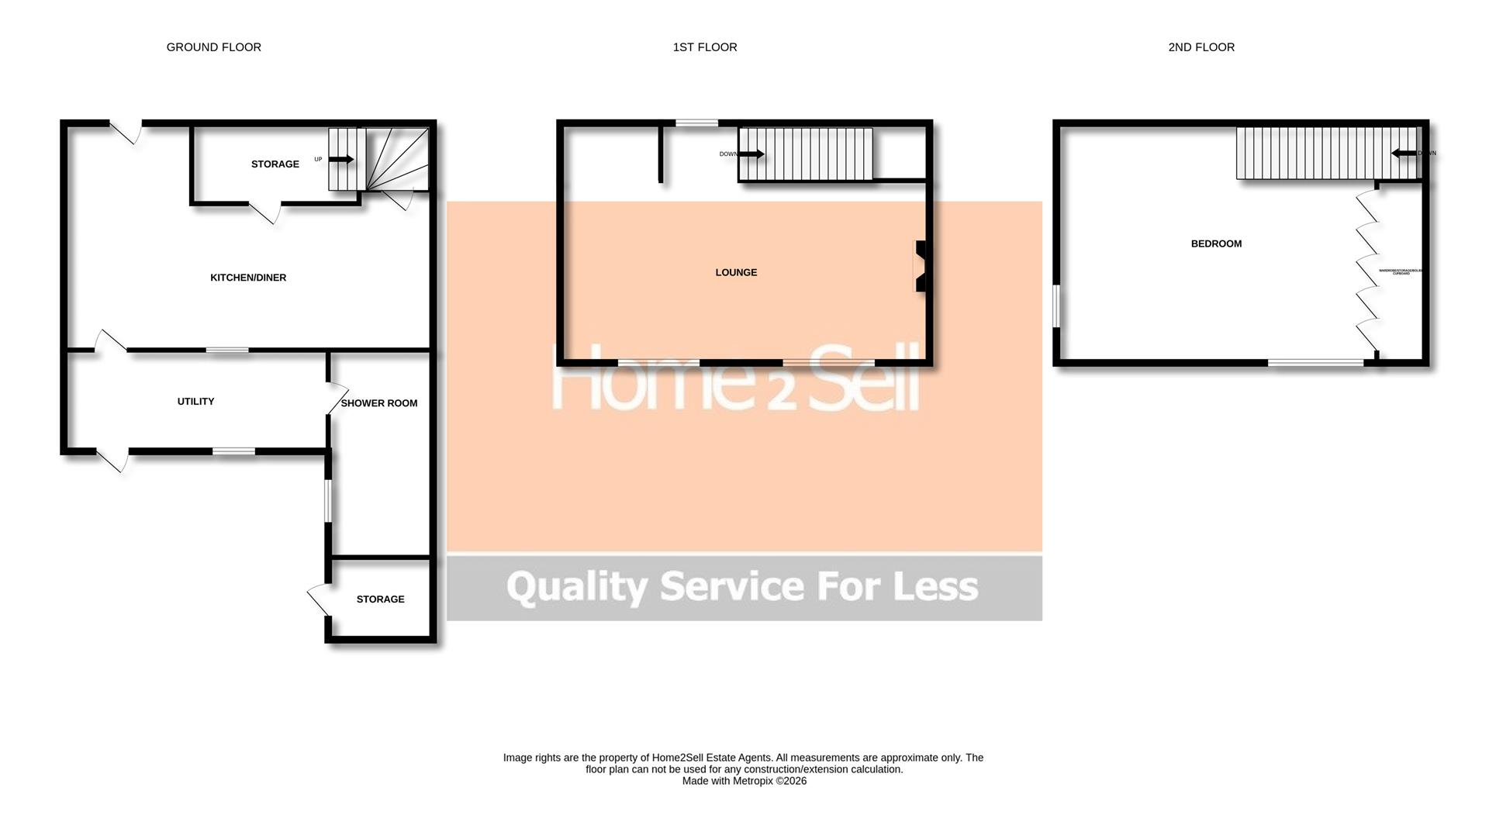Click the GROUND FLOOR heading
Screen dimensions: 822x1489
[x=213, y=47]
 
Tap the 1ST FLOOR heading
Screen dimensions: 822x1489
[x=704, y=47]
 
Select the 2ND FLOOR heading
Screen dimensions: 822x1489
[x=1201, y=47]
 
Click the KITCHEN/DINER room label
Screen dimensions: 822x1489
[x=248, y=278]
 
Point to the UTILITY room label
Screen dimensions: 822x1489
[x=195, y=401]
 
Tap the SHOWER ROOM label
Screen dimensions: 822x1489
[x=379, y=403]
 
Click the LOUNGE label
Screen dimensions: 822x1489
[x=736, y=272]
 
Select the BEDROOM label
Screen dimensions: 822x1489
[x=1216, y=243]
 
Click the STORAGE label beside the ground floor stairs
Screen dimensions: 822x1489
[x=275, y=164]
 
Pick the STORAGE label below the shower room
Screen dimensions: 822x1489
[x=380, y=599]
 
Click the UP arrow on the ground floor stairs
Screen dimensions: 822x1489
[x=341, y=160]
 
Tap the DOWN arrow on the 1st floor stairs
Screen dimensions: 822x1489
[x=751, y=154]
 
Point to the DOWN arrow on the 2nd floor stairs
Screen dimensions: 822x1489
[x=1404, y=154]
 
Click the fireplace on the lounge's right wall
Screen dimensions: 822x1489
[x=920, y=266]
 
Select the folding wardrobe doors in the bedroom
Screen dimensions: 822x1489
[x=1366, y=271]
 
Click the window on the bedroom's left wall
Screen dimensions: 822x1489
[x=1055, y=306]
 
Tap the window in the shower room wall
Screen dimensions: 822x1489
[x=328, y=501]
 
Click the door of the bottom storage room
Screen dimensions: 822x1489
[x=319, y=599]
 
